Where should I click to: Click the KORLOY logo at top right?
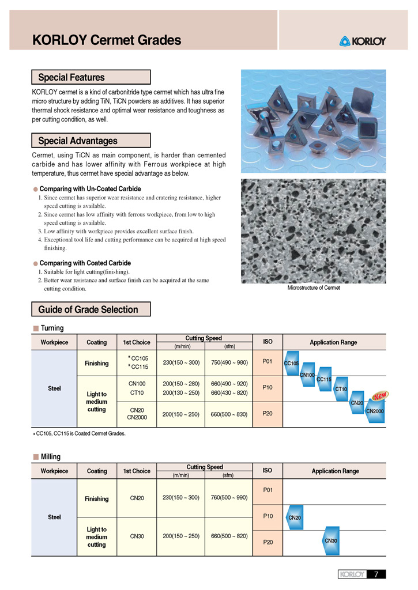coord(363,41)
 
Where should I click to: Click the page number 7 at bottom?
coord(376,574)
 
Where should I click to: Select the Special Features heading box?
coord(91,77)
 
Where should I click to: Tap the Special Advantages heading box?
coord(91,141)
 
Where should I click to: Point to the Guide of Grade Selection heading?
coord(91,309)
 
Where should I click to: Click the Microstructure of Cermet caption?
coord(314,288)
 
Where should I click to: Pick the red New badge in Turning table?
coord(380,396)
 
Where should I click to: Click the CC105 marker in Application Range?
coord(292,363)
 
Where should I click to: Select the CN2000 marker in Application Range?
coord(375,411)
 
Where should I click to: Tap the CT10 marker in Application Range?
coord(341,389)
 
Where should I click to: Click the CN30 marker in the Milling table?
coord(331,540)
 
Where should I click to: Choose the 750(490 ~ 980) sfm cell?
coord(229,362)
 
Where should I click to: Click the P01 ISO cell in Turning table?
coord(268,362)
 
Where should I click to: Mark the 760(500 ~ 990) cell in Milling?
coord(229,497)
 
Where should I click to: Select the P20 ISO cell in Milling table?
coord(268,542)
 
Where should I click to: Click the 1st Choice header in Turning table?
coord(137,342)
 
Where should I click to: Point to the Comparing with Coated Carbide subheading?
coord(85,263)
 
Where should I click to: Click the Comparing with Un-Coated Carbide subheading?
coord(90,189)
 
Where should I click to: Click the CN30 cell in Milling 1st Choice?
coord(137,536)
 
